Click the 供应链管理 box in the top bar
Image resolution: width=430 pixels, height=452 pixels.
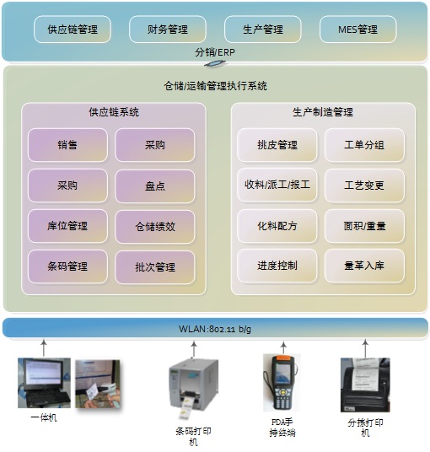coord(73,30)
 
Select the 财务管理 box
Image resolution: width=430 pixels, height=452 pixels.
coord(168,30)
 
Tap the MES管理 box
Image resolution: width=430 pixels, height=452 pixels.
coord(358,30)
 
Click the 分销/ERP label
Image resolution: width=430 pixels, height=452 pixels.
coord(215,52)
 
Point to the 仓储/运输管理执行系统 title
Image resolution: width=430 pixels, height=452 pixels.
coord(216,86)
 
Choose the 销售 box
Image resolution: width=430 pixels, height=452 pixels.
coord(67,145)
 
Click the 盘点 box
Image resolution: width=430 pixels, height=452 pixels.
coord(155,186)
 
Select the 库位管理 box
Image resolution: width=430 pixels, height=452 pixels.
coord(67,226)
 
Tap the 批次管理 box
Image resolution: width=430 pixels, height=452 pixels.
coord(155,267)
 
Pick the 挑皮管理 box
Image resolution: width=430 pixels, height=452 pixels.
coord(277,145)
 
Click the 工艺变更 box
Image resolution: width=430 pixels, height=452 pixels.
coord(364,185)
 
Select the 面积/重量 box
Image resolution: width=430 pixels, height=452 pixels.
coord(364,226)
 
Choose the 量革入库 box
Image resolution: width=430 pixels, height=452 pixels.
coord(364,266)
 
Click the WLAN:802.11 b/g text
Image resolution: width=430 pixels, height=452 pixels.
coord(215,329)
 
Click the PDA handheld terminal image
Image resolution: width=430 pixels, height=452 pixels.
coord(282,383)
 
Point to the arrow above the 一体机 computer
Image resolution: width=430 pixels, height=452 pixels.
coord(44,347)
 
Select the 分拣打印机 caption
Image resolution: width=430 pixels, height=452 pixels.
coord(365,428)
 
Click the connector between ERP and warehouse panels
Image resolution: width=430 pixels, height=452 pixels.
coord(215,63)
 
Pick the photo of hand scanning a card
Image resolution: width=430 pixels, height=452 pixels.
coord(98,384)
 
